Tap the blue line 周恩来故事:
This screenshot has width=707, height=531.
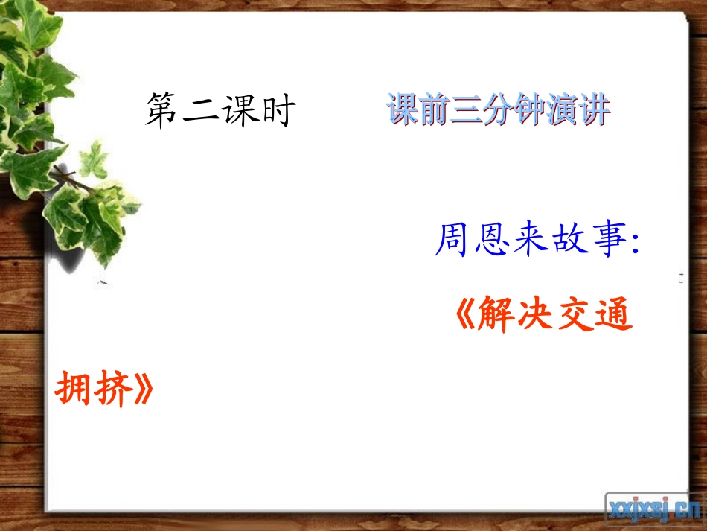click(537, 241)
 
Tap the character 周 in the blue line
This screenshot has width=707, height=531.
click(451, 241)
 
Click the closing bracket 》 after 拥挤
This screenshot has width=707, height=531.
click(144, 388)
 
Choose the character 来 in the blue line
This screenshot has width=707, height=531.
click(529, 241)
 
